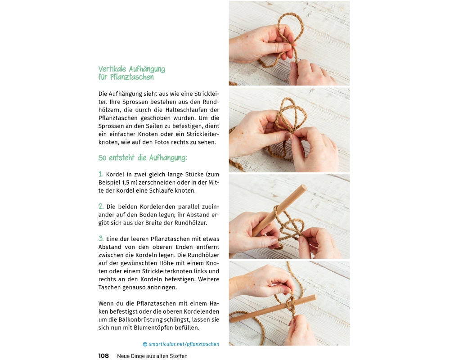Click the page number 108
pyautogui.click(x=103, y=355)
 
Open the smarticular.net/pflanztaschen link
pyautogui.click(x=184, y=344)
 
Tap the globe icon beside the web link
pyautogui.click(x=145, y=344)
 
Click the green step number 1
pyautogui.click(x=101, y=174)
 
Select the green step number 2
pyautogui.click(x=101, y=206)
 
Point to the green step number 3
pyautogui.click(x=101, y=238)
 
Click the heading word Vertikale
pyautogui.click(x=112, y=69)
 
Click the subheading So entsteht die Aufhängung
pyautogui.click(x=143, y=157)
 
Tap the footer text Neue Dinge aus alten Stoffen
pyautogui.click(x=152, y=356)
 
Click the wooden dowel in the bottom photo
pyautogui.click(x=273, y=309)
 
